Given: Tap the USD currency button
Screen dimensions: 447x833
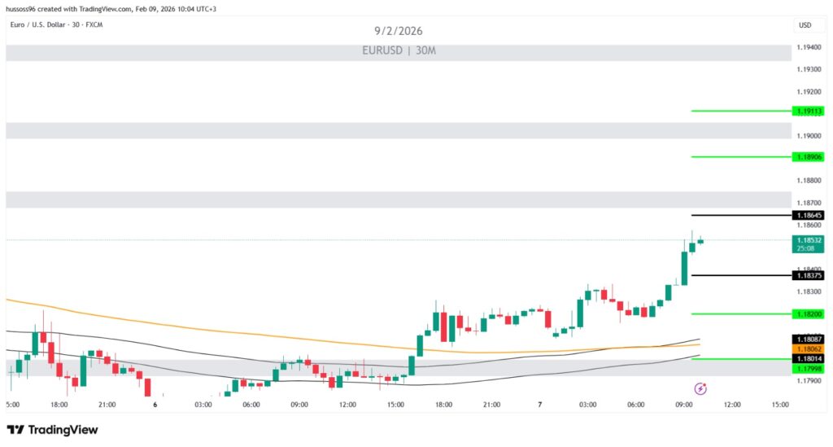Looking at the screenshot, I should click(805, 25).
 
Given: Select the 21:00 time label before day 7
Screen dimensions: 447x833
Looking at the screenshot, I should click(491, 405).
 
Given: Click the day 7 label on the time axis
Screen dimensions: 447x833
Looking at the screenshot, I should click(539, 405).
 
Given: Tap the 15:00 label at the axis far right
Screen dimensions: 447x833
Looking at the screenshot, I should click(779, 405).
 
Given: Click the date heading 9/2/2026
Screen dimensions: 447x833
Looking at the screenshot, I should click(399, 31).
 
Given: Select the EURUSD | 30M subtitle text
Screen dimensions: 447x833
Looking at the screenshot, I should click(399, 50).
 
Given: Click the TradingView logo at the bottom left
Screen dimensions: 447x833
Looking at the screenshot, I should click(52, 430).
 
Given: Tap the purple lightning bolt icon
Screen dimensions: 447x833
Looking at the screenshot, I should click(700, 389).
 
